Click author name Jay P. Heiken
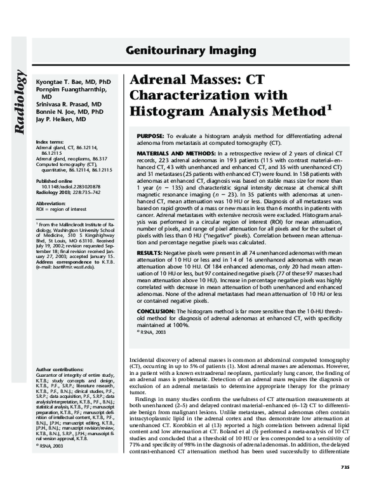59,119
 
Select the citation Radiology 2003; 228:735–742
70,192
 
